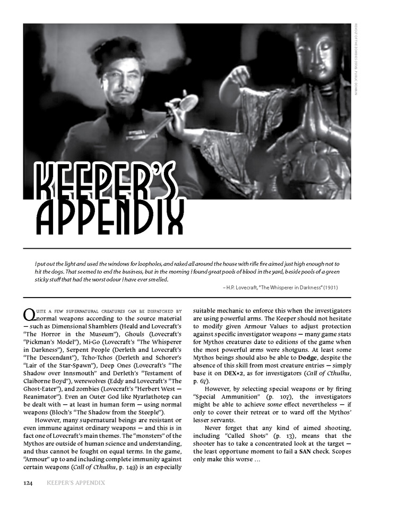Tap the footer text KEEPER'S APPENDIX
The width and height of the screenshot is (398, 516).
[x=75, y=483]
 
